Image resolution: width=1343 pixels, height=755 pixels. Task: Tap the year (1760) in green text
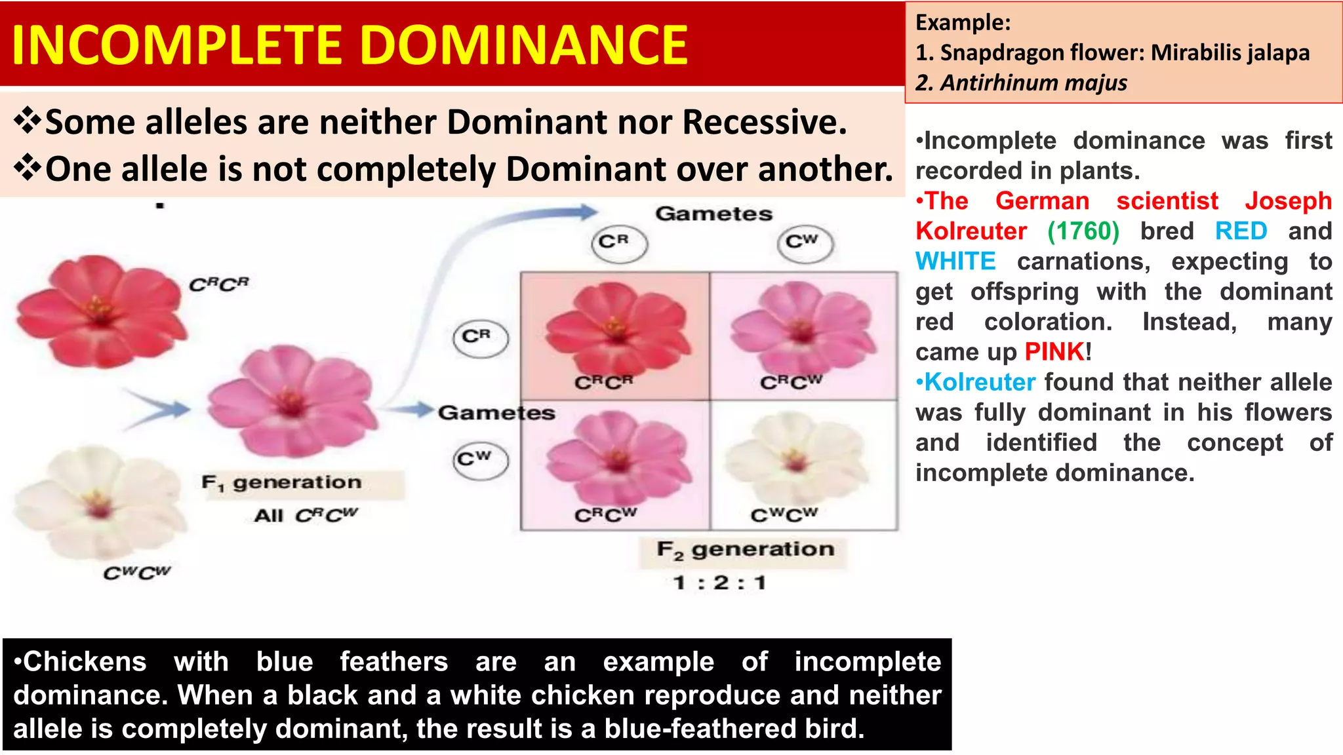click(x=1083, y=231)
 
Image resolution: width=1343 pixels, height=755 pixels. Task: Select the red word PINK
click(x=1054, y=352)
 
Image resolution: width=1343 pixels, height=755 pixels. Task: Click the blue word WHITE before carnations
click(x=955, y=261)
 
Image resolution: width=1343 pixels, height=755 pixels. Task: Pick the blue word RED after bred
click(x=1241, y=231)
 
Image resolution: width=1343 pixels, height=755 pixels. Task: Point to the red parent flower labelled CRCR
click(x=100, y=311)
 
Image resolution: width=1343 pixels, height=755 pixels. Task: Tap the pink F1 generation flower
click(x=290, y=401)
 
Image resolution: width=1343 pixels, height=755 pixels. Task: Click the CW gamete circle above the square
click(x=805, y=243)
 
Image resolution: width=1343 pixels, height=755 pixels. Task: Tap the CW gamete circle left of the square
click(x=480, y=460)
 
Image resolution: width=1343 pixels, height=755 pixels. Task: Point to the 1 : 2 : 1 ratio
click(x=719, y=582)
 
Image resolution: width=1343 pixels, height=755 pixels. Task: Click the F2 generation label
click(x=745, y=549)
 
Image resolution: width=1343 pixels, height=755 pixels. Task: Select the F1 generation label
click(x=282, y=483)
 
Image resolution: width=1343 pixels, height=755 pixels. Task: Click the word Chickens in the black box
click(x=84, y=662)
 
